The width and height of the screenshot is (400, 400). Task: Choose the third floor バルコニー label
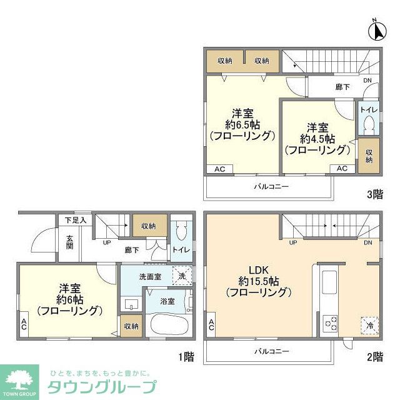271,187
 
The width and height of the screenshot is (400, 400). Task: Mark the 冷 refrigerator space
370,325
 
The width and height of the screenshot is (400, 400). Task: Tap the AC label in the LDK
211,324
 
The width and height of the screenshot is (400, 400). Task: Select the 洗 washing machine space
182,276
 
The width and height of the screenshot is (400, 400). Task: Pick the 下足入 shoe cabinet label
75,220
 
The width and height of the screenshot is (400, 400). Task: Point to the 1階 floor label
186,357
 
